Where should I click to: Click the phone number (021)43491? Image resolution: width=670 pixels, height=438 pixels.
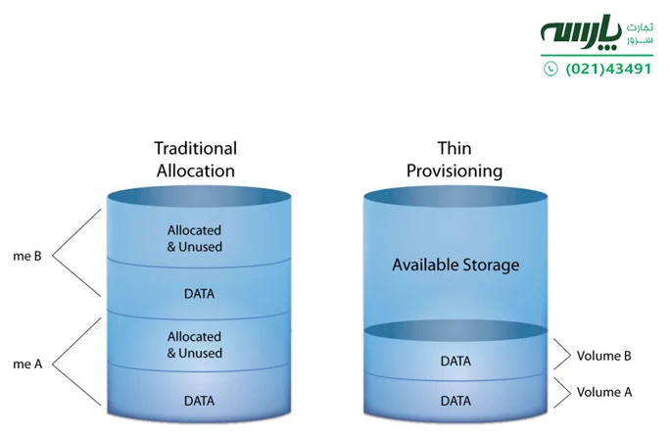tap(608, 70)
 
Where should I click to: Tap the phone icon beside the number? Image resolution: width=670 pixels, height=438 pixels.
tap(550, 70)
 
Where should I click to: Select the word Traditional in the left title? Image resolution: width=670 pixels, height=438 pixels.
tap(195, 149)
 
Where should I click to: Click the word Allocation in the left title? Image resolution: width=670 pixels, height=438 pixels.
tap(195, 170)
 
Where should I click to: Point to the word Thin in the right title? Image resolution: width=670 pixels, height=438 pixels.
tap(454, 149)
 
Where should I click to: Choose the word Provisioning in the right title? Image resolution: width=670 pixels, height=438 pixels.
tap(454, 170)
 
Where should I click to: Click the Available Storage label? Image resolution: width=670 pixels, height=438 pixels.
tap(455, 265)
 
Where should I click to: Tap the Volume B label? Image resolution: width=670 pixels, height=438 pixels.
tap(604, 356)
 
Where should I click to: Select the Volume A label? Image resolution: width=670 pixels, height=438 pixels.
tap(604, 392)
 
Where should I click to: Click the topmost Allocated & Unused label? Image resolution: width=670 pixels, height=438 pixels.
tap(195, 238)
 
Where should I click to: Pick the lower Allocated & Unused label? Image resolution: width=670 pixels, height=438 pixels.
tap(195, 344)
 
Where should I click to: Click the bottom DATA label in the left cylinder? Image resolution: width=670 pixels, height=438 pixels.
tap(199, 400)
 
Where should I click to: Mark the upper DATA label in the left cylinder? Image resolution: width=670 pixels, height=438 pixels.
tap(199, 293)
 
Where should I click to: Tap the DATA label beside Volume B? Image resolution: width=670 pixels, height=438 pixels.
tap(455, 361)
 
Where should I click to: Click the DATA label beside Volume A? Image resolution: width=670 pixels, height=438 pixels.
tap(455, 400)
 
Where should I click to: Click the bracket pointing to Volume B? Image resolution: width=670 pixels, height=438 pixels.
tap(560, 356)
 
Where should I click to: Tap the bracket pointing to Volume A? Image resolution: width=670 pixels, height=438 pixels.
tap(560, 392)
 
